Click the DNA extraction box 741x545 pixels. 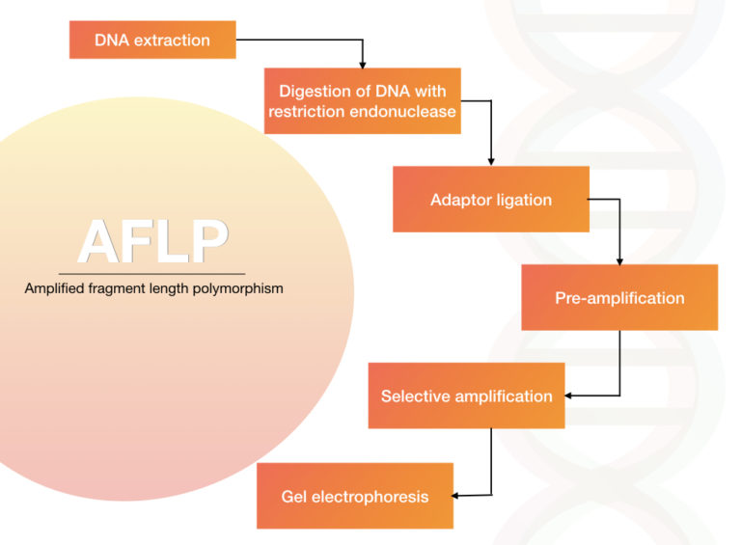[x=152, y=40]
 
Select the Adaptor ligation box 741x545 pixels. [x=491, y=199]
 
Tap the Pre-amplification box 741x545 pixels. [x=619, y=297]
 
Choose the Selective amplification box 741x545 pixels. [x=466, y=395]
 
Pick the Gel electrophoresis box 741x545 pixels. [x=355, y=496]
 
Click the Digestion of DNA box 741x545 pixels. [x=363, y=100]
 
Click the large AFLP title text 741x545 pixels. [x=153, y=241]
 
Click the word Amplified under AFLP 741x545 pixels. [x=54, y=288]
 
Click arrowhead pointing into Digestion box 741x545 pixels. [x=363, y=65]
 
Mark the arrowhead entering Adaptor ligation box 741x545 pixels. [x=491, y=162]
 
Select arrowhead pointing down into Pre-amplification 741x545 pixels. [x=619, y=261]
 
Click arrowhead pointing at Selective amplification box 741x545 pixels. [x=568, y=395]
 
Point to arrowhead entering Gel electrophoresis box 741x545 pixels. [x=455, y=496]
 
